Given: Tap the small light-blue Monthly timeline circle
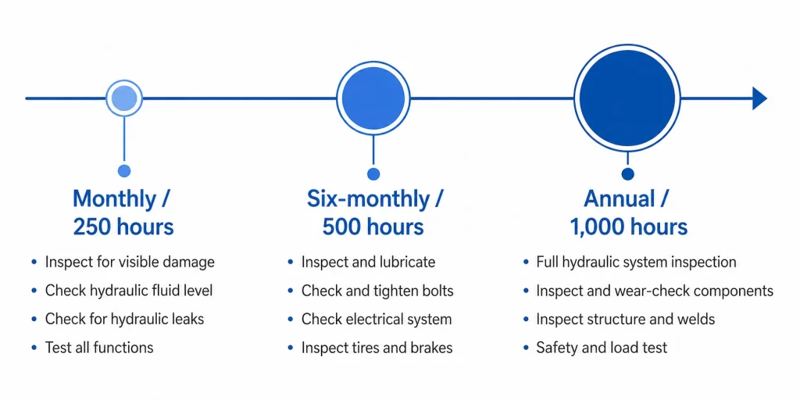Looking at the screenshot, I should [124, 98].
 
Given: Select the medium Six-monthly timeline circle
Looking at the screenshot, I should [373, 98].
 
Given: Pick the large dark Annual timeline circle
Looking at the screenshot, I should [627, 98].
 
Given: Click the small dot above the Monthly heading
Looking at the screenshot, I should [124, 170].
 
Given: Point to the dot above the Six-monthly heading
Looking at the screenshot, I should [373, 173].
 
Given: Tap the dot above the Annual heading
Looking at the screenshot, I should [627, 173].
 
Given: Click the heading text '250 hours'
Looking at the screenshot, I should [123, 227].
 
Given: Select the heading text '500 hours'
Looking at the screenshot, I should [373, 227].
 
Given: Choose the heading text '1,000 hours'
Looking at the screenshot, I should [628, 227].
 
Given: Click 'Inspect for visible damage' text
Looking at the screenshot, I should [130, 262].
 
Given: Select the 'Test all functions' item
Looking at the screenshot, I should [99, 348].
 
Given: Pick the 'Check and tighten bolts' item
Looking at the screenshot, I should [377, 291].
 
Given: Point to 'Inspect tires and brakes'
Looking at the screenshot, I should [377, 348].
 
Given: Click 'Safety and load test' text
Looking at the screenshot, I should [602, 348].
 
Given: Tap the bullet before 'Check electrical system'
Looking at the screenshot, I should [291, 320].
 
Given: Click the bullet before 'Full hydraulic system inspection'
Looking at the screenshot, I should [525, 262].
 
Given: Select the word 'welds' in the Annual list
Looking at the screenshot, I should [695, 320].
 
